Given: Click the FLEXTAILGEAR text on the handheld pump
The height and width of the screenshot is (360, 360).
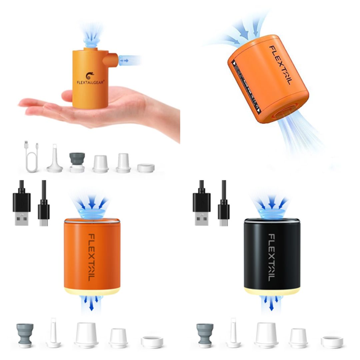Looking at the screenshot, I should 90,82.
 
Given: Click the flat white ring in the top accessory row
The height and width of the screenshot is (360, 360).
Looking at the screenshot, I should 146,168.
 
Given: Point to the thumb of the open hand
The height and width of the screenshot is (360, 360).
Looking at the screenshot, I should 68,96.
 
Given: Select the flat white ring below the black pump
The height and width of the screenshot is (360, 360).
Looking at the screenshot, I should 332,342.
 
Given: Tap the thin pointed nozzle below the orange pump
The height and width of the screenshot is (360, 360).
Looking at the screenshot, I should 53,333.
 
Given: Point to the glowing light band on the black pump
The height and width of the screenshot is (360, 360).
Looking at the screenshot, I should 272,291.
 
